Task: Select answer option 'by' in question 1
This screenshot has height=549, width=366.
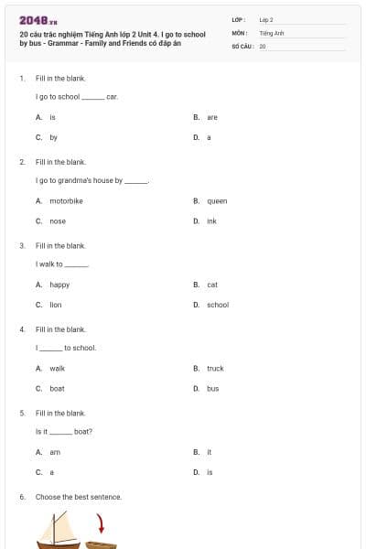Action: [x=53, y=137]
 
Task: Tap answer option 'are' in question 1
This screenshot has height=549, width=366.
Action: [x=211, y=117]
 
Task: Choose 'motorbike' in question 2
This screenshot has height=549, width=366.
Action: [x=66, y=200]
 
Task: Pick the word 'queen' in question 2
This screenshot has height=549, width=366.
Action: [x=217, y=200]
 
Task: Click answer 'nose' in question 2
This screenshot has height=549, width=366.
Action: [x=58, y=221]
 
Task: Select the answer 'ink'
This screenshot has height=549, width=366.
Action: [x=211, y=221]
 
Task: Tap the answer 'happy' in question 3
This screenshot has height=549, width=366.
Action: [x=59, y=285]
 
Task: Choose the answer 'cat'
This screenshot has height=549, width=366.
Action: [x=212, y=285]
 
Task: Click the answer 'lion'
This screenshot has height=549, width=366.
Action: [x=55, y=305]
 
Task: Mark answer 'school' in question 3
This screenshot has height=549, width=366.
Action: [x=218, y=305]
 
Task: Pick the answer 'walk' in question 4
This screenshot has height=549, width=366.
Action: [x=57, y=368]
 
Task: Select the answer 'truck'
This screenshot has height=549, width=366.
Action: [x=215, y=368]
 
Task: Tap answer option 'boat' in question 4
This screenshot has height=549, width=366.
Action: [x=57, y=388]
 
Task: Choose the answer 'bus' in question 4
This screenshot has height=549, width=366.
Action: [x=212, y=388]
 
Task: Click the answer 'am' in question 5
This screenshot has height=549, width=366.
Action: [x=54, y=452]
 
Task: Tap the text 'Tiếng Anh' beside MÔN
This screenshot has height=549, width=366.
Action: [x=272, y=32]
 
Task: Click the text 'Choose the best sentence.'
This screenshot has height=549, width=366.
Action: [x=79, y=497]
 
